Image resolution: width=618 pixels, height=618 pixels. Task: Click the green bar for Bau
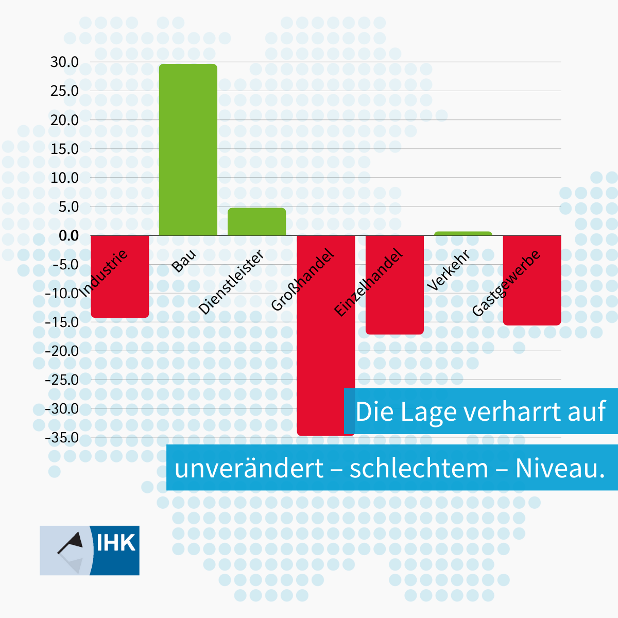click(x=188, y=149)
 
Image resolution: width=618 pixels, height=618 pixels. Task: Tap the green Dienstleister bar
click(x=256, y=222)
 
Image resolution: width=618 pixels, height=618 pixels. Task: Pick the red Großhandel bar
click(x=325, y=360)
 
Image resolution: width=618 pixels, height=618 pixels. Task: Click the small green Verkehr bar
click(x=463, y=233)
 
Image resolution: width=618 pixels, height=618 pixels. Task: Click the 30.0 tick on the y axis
click(x=64, y=62)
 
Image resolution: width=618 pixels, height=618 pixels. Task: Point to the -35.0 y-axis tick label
click(x=62, y=438)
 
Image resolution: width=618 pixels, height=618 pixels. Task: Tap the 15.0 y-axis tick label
click(x=64, y=149)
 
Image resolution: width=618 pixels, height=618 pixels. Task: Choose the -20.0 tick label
click(x=62, y=351)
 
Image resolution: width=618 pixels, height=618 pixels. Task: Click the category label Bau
click(x=184, y=261)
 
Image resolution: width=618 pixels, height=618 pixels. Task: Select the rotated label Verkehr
click(x=449, y=271)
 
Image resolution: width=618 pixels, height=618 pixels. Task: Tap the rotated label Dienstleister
click(x=231, y=282)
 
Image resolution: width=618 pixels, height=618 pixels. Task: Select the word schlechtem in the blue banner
click(x=419, y=468)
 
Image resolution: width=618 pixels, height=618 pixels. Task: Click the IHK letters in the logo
click(x=116, y=543)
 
